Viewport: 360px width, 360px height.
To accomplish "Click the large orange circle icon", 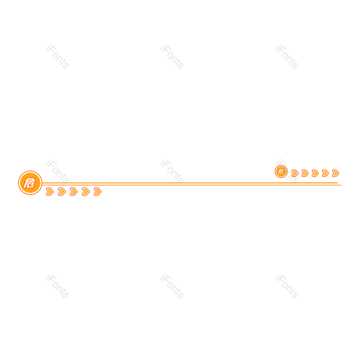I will tap(30, 183).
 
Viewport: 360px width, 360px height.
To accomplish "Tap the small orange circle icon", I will tap(281, 171).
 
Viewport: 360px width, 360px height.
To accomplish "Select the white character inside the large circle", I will tap(30, 183).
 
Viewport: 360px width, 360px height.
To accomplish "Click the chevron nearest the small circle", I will tap(295, 173).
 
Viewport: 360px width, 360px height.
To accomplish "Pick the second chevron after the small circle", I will tap(305, 173).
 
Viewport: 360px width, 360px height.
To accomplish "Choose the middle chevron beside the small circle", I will tap(315, 173).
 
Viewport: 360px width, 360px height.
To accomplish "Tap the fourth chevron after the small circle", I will tap(325, 173).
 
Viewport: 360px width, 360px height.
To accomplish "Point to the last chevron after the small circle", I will tap(335, 173).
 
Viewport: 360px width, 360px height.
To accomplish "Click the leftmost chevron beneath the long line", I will tap(49, 192).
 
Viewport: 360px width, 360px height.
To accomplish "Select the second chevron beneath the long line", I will tap(62, 192).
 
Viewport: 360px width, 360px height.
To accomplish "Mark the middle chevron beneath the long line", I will tap(73, 192).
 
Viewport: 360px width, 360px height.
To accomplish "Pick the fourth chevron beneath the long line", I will tap(85, 192).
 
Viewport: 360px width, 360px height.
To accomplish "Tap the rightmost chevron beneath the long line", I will tap(97, 192).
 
